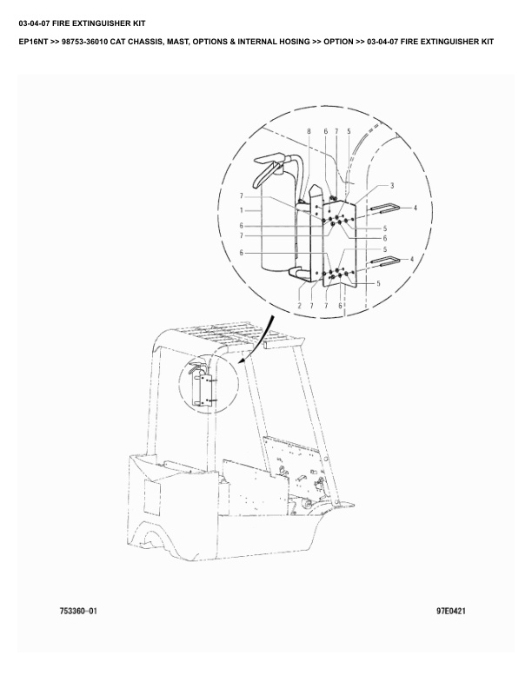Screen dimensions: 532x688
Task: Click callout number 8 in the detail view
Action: click(309, 131)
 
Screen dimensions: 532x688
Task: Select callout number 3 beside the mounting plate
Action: click(392, 186)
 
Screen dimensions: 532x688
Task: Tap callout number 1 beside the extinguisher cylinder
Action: click(241, 210)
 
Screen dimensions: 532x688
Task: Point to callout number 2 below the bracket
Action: click(299, 306)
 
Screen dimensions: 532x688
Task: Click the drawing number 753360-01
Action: click(78, 611)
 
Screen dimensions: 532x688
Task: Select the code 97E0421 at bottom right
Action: click(451, 611)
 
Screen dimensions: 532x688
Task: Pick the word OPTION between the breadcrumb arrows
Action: click(338, 42)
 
